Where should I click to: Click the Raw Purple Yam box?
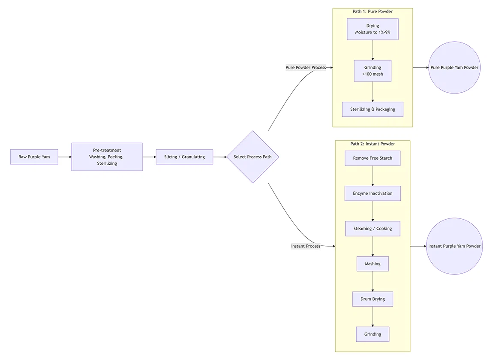(34, 157)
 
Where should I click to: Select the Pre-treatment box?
(107, 157)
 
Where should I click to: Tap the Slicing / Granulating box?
(184, 157)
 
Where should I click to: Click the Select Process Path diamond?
(253, 157)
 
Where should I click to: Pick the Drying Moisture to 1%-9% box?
(373, 29)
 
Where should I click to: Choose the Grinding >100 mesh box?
(373, 71)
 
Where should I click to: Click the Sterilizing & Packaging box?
(373, 109)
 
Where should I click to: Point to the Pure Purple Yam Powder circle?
(454, 67)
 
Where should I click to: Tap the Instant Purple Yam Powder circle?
(454, 246)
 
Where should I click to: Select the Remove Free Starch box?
(373, 158)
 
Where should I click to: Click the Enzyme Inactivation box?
(373, 194)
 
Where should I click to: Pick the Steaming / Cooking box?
(373, 229)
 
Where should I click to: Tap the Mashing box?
(373, 264)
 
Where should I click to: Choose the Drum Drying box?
(373, 299)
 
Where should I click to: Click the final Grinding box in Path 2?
(373, 334)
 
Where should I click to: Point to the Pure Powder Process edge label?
(306, 67)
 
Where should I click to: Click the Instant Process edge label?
(306, 246)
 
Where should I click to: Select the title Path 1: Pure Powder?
(373, 12)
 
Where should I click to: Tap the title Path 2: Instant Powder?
(373, 144)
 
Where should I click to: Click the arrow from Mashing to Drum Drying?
(373, 281)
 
